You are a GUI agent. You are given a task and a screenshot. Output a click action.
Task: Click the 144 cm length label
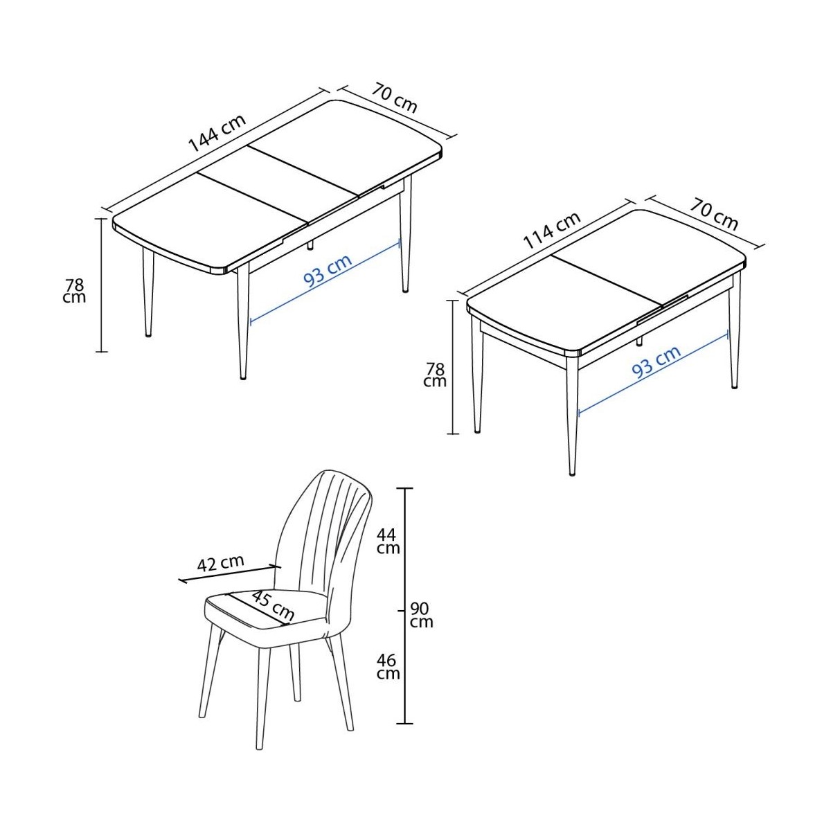click(x=217, y=133)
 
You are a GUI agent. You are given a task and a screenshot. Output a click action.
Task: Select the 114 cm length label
click(x=553, y=231)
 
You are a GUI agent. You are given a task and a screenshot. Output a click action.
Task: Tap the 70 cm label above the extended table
click(x=394, y=98)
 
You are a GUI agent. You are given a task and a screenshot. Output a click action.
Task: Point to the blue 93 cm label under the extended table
click(x=328, y=271)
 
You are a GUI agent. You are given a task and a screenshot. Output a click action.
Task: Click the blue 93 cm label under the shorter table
click(x=656, y=362)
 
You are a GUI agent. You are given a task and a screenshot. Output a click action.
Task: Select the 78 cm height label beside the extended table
click(x=74, y=291)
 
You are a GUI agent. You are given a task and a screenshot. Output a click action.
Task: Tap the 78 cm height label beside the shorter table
click(x=435, y=375)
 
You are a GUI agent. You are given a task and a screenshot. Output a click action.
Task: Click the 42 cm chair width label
click(x=220, y=563)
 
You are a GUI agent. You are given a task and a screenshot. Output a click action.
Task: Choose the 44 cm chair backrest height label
click(x=388, y=542)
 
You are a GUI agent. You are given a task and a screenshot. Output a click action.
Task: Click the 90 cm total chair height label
click(x=421, y=616)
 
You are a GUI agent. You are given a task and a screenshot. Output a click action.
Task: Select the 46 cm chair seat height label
click(x=388, y=667)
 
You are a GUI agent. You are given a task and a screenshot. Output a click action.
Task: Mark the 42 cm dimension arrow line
click(x=229, y=573)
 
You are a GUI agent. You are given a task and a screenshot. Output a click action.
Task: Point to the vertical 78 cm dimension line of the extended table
click(x=101, y=285)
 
